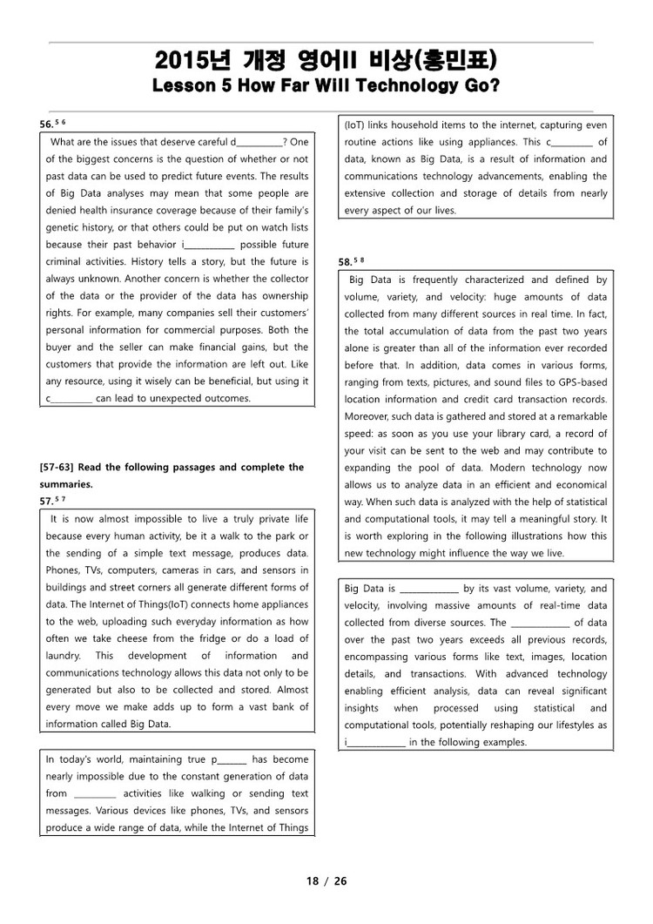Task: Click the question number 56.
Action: pyautogui.click(x=47, y=125)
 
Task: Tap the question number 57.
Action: pyautogui.click(x=47, y=501)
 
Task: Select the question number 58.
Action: pyautogui.click(x=346, y=261)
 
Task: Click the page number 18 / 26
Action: pyautogui.click(x=326, y=881)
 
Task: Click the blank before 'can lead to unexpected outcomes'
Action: pyautogui.click(x=69, y=399)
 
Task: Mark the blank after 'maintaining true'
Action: pyautogui.click(x=229, y=759)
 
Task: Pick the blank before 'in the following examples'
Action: pyautogui.click(x=375, y=743)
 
